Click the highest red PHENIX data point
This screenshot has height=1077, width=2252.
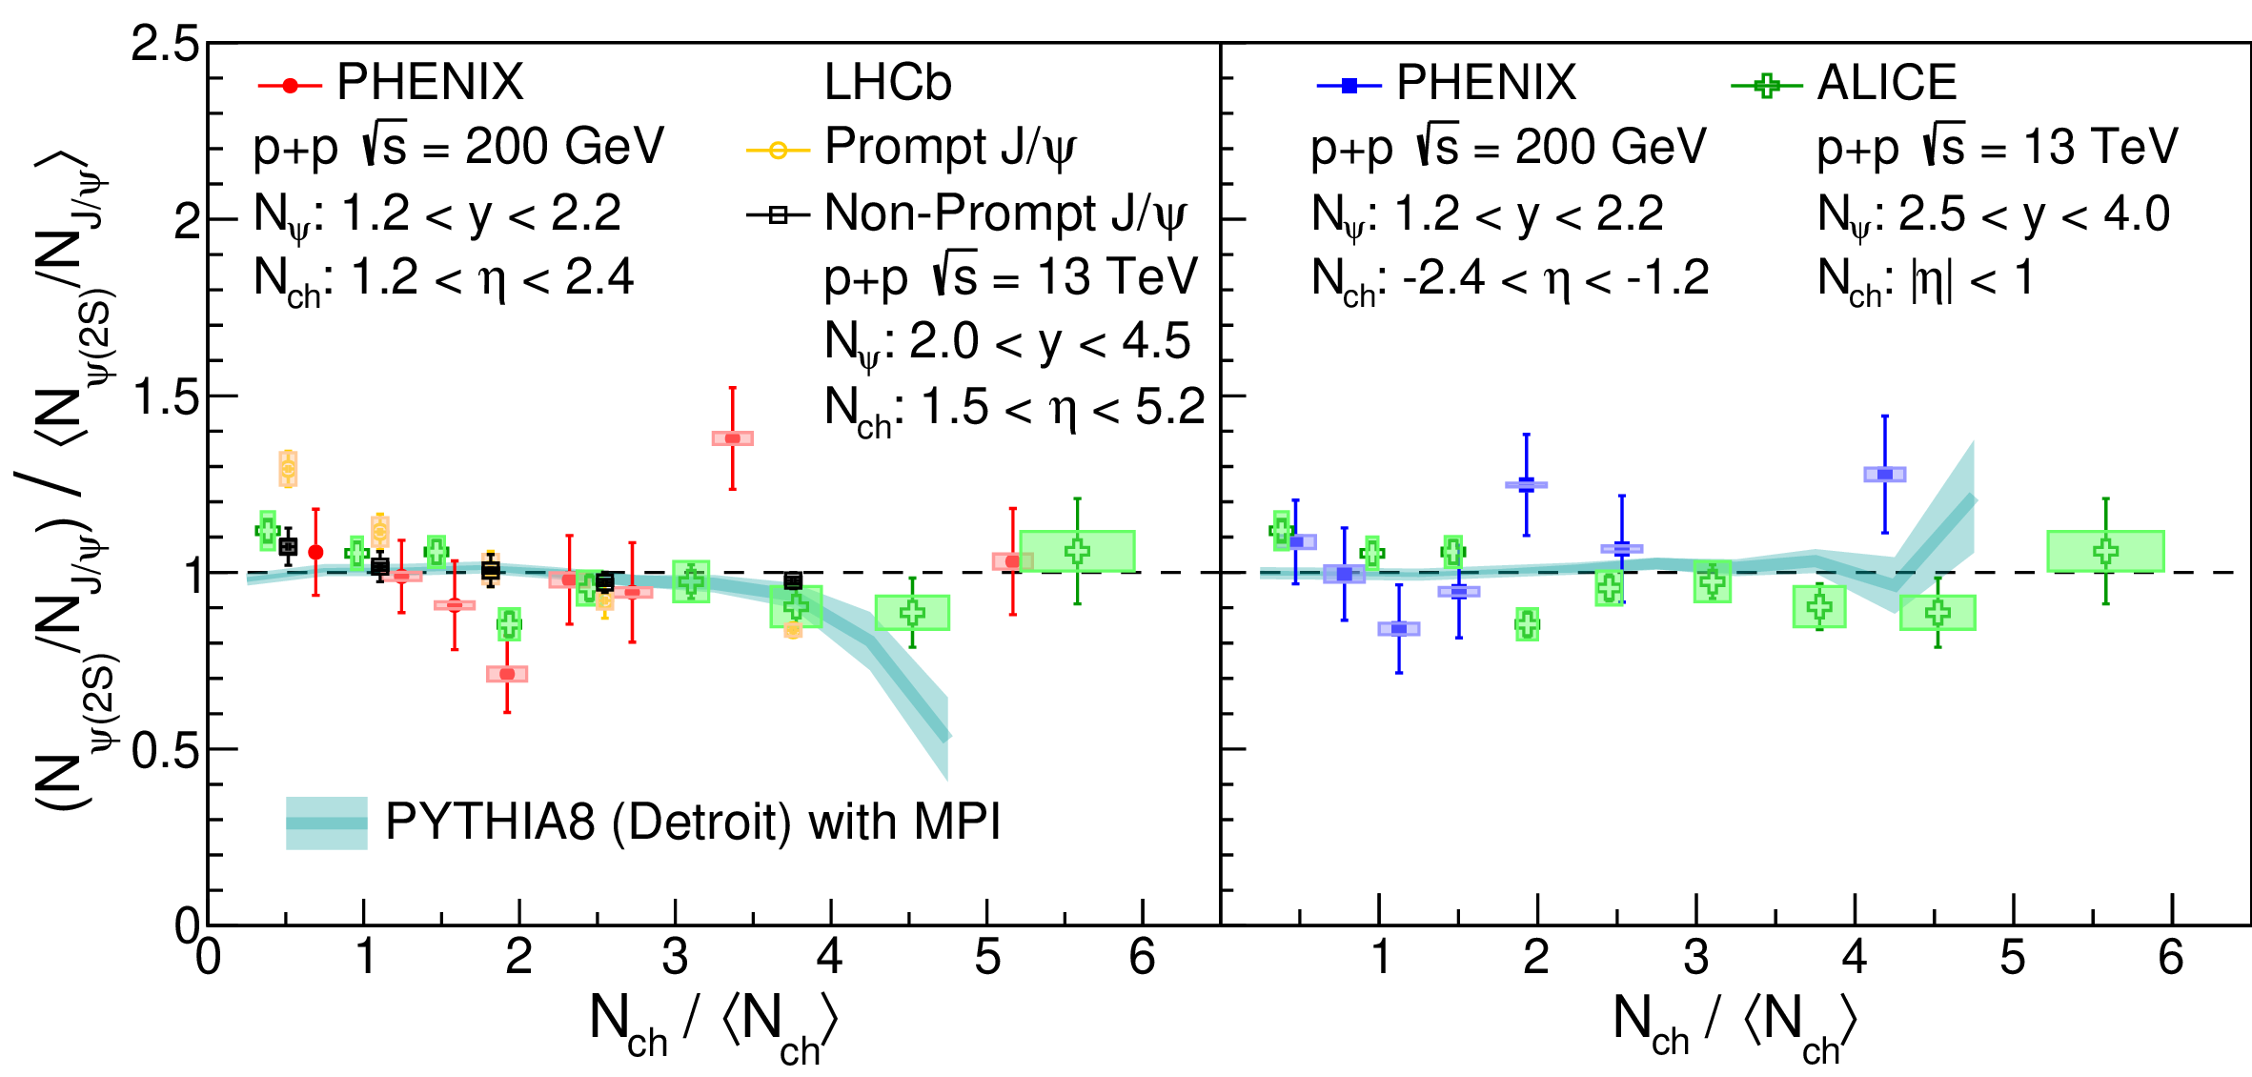[732, 438]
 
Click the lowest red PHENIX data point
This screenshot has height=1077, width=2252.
[507, 674]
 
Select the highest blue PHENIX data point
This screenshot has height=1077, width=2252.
[1884, 474]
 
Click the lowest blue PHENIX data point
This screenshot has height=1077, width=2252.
[1398, 628]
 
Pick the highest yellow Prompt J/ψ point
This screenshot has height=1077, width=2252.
[288, 468]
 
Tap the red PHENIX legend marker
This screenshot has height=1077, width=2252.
[290, 86]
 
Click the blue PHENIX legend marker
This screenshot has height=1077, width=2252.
[1349, 86]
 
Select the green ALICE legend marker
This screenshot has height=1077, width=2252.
[1765, 86]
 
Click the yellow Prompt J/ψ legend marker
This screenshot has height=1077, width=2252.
[778, 151]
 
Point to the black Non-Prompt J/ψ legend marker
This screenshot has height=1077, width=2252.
[778, 215]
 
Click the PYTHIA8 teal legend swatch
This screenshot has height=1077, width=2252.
[326, 823]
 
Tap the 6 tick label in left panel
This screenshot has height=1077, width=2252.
[1142, 957]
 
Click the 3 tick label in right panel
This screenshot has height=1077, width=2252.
[1695, 957]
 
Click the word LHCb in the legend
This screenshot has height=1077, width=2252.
[887, 83]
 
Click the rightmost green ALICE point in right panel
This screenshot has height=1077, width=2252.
[2105, 551]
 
